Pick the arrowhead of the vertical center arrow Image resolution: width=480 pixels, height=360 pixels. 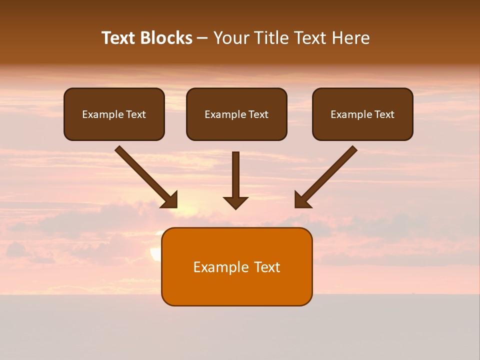click(x=235, y=202)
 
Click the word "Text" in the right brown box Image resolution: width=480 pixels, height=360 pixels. click(x=384, y=114)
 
